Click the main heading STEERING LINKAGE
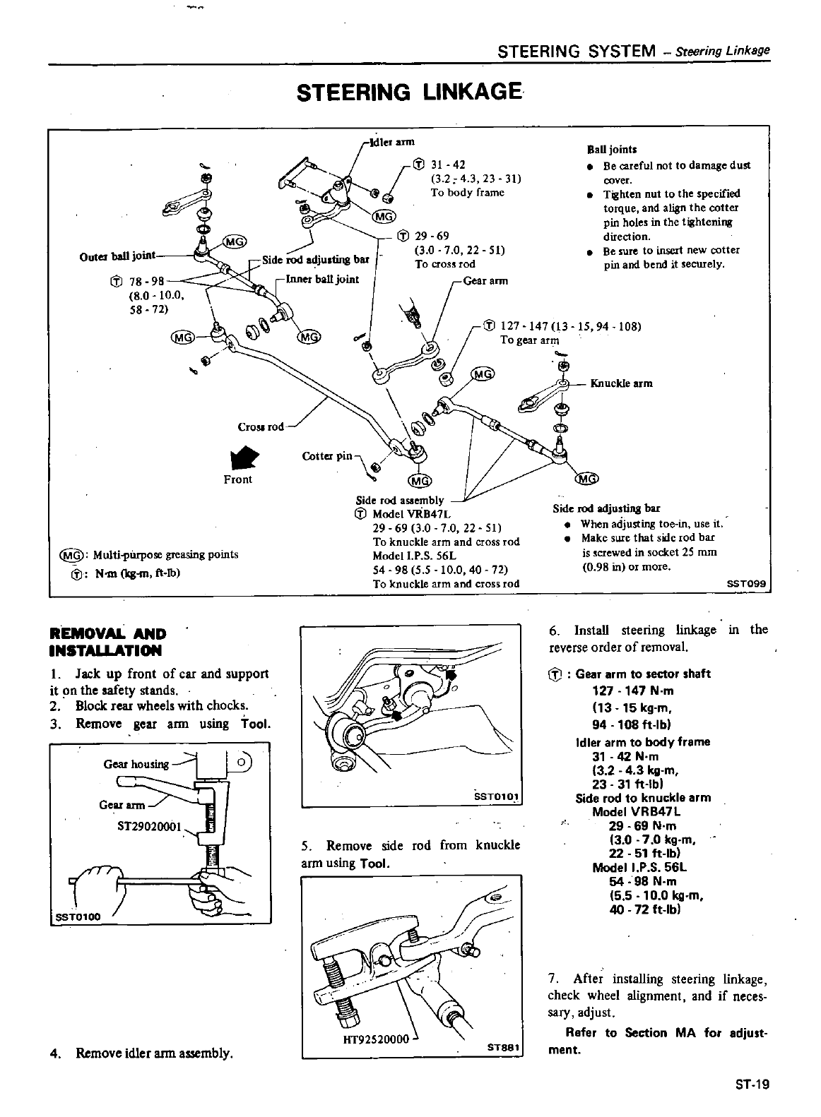tap(410, 92)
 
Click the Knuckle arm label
tap(621, 383)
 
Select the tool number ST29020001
tap(150, 826)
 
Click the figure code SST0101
tap(497, 796)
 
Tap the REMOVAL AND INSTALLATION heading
tap(107, 642)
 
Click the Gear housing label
tap(136, 764)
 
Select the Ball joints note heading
tap(612, 149)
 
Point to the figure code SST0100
tap(78, 916)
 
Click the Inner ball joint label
tap(322, 279)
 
